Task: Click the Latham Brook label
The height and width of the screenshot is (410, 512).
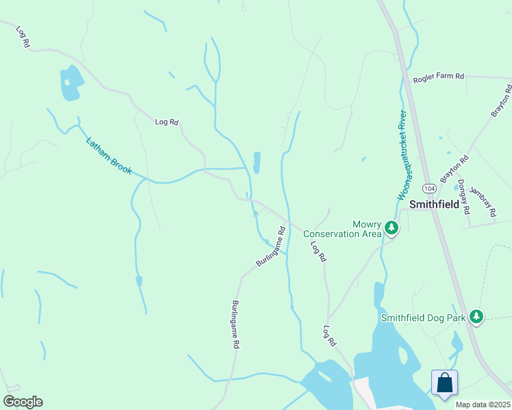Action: coord(109,156)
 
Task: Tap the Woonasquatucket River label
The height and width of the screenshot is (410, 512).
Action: coord(402,155)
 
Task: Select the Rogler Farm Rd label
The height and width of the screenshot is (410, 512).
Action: coord(438,79)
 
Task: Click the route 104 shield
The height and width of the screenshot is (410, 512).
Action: coord(428,187)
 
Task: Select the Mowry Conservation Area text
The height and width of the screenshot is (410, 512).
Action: coord(343,229)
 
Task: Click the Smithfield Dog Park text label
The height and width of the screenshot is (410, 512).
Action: coord(423,317)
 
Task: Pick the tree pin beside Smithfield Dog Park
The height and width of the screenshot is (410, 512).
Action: coord(476,316)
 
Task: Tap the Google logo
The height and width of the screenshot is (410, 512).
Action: coord(23,402)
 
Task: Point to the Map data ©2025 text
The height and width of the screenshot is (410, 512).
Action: coord(483,405)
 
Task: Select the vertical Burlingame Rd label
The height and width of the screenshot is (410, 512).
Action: coord(235,325)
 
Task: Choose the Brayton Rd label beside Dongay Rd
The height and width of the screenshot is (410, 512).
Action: coord(455,168)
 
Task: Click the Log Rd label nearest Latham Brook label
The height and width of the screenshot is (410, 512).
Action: coord(166,122)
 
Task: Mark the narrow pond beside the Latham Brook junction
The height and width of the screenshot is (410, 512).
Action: coord(257,163)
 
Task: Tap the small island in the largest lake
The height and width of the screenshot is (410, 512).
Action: coord(402,356)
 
